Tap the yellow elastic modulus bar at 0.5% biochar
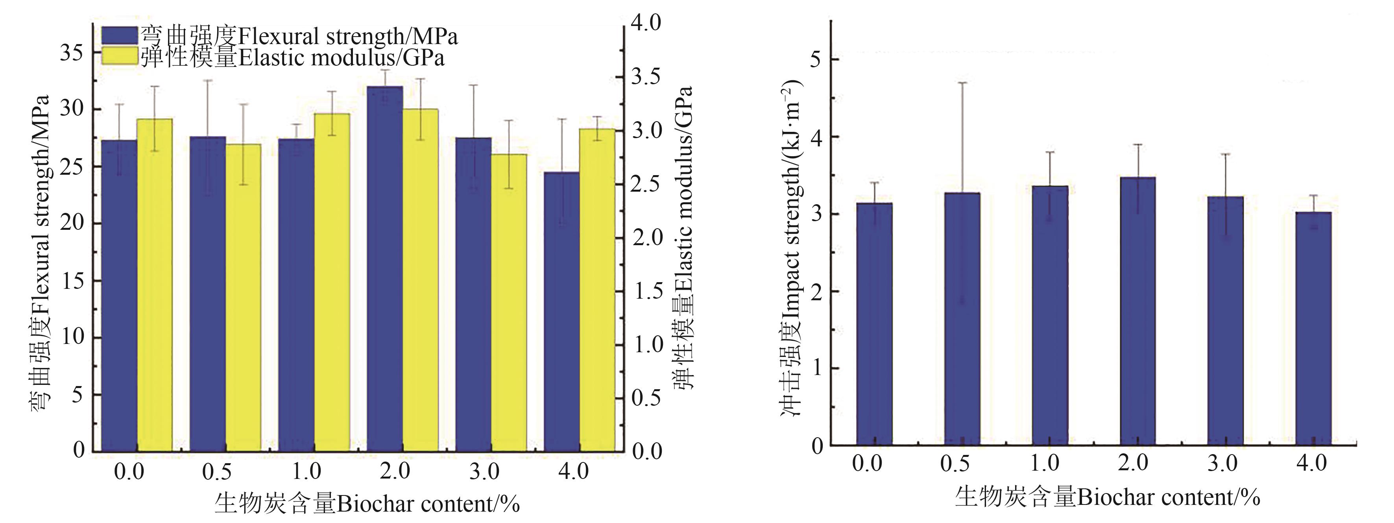[x=243, y=298]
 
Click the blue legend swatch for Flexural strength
[x=120, y=36]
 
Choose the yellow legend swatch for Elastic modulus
[x=120, y=56]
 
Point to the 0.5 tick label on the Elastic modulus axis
[x=647, y=398]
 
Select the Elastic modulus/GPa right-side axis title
[x=684, y=238]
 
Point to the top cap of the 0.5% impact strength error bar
[x=962, y=83]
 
